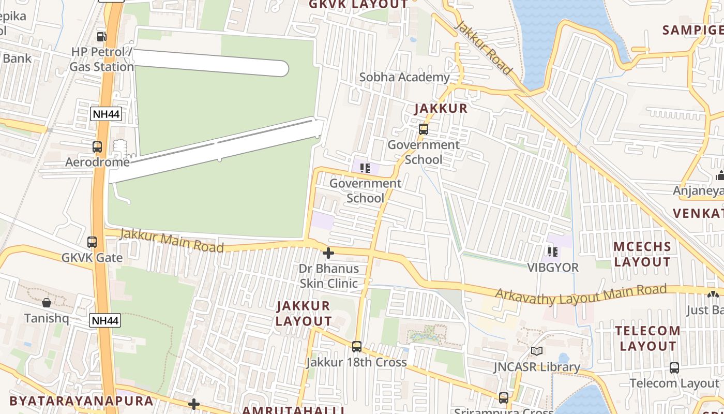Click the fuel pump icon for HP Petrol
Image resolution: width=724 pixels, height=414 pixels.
tap(101, 36)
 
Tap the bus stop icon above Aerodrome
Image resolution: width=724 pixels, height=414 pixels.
tap(97, 147)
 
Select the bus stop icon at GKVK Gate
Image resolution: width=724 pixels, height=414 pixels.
tap(92, 242)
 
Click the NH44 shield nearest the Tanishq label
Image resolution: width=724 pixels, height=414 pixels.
tap(105, 320)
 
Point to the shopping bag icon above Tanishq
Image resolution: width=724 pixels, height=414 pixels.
tap(47, 302)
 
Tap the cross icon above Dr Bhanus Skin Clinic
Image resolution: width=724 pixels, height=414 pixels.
tap(328, 253)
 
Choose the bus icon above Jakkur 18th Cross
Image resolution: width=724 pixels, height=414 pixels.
tap(356, 346)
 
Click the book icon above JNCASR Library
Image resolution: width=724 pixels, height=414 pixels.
tap(537, 351)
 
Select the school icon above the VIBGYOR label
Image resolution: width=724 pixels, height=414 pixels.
tap(552, 252)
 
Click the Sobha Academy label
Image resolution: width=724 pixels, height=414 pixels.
tap(404, 77)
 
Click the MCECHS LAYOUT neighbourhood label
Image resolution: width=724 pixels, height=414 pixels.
tap(642, 254)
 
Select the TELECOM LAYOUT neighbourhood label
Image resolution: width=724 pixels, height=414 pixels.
tap(648, 338)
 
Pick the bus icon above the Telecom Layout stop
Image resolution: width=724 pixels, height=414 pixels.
tap(674, 368)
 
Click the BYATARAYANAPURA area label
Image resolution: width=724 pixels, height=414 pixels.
tap(81, 401)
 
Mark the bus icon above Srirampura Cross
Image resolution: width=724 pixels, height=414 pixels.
tap(504, 398)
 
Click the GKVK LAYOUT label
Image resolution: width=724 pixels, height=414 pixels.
tap(358, 5)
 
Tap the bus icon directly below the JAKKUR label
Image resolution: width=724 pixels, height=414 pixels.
tap(424, 129)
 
